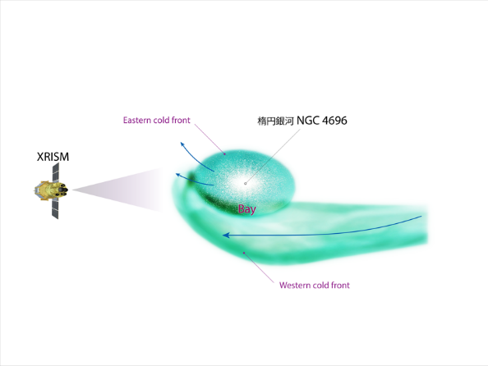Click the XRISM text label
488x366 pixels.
pos(53,157)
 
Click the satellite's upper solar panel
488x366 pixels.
pos(55,172)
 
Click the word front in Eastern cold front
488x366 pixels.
pos(181,120)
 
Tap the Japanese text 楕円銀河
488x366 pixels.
pos(275,121)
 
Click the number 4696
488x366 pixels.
pos(334,121)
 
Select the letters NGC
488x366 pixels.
pos(308,121)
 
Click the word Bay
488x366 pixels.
pos(247,209)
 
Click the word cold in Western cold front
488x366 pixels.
pos(320,285)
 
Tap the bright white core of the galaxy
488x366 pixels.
pos(245,182)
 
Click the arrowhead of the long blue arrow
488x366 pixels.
pos(226,235)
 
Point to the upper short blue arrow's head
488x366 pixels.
pos(182,144)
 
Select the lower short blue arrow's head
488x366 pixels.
pos(178,175)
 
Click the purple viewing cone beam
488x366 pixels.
pos(118,190)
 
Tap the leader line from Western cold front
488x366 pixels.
pos(259,268)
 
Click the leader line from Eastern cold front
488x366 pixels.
pos(209,139)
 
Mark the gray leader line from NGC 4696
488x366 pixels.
pos(273,157)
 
